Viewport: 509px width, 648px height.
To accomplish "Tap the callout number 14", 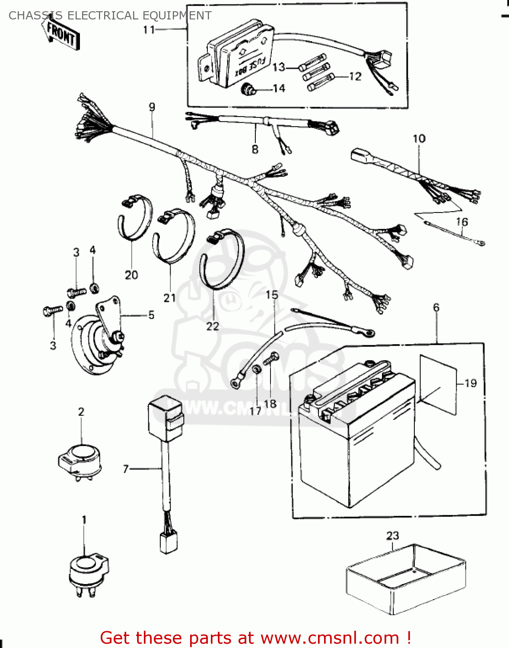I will coord(279,89).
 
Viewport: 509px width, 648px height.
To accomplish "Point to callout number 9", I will coord(152,107).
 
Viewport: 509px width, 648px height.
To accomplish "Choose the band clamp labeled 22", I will coord(221,259).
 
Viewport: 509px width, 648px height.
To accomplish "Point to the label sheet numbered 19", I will coord(437,384).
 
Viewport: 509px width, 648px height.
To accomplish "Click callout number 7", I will coord(126,469).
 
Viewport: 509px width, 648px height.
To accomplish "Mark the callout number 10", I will coord(419,139).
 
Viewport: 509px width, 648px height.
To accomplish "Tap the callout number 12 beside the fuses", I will coord(355,76).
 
